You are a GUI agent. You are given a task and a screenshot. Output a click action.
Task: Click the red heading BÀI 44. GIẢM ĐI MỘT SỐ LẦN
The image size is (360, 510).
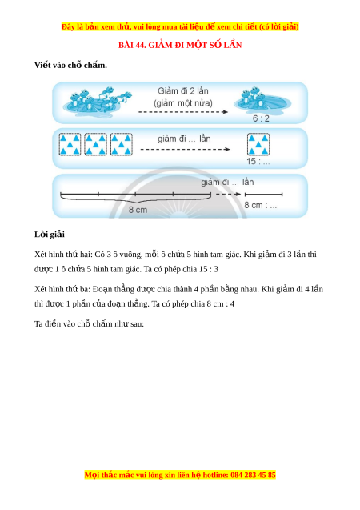coord(180,45)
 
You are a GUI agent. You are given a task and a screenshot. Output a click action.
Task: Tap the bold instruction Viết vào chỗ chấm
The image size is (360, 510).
coord(71,65)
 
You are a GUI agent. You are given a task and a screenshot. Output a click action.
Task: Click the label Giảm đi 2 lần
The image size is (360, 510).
coord(183,91)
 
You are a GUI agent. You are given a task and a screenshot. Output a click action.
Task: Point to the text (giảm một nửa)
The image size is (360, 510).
coord(183,103)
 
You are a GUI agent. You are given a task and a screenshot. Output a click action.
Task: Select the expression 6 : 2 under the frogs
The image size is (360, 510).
coord(261,118)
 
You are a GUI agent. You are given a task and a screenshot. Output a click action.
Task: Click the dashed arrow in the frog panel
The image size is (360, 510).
coord(183,112)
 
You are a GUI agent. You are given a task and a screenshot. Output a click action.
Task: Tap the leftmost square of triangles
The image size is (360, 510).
coord(70,144)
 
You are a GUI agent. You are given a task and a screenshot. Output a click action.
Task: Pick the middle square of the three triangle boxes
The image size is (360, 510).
coord(95,144)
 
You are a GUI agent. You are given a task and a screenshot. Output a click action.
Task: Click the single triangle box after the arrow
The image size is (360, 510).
coord(258,144)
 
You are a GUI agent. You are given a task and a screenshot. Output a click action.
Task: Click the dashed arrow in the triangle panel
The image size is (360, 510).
coord(185,149)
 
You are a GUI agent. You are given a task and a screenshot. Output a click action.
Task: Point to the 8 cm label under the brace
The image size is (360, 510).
coord(138,210)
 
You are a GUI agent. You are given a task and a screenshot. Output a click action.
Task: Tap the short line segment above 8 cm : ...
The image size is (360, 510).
coord(263,195)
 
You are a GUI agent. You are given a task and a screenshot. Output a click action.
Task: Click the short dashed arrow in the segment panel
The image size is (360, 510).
coord(229,195)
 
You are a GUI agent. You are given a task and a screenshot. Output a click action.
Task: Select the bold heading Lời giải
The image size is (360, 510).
coord(50,234)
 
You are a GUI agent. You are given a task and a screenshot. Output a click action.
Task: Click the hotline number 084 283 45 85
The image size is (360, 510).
coord(253,475)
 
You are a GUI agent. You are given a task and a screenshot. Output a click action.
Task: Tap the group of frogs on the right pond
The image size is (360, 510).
coord(254,96)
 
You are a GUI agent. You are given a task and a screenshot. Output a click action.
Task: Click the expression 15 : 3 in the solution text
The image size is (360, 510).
coord(209,269)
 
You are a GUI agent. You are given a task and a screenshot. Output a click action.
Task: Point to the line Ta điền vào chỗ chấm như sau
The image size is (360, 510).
coord(89,324)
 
